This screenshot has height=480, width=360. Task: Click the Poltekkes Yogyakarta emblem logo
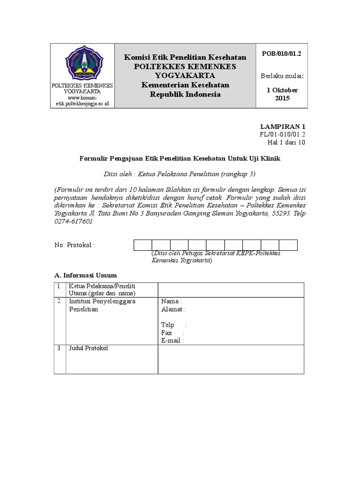(82, 64)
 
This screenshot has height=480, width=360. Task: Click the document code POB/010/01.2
(281, 54)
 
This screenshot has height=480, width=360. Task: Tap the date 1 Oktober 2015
(282, 94)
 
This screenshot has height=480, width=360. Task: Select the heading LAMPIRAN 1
(283, 127)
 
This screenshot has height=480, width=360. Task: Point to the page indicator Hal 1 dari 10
(286, 142)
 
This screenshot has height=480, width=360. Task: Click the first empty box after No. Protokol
(143, 245)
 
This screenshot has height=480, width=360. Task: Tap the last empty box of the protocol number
(288, 245)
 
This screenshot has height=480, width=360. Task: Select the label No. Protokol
(75, 245)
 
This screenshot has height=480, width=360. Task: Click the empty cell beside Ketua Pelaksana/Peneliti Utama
(231, 290)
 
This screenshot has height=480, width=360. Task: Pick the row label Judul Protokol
(89, 348)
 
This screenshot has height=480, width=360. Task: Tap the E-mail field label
(172, 341)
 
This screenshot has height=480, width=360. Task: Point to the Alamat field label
(173, 309)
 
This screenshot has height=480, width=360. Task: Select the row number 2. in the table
(60, 301)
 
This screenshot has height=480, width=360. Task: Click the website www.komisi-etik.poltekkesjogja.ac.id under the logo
(82, 100)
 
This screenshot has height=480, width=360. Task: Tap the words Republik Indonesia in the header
(185, 94)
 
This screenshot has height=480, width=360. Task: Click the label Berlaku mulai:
(282, 76)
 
